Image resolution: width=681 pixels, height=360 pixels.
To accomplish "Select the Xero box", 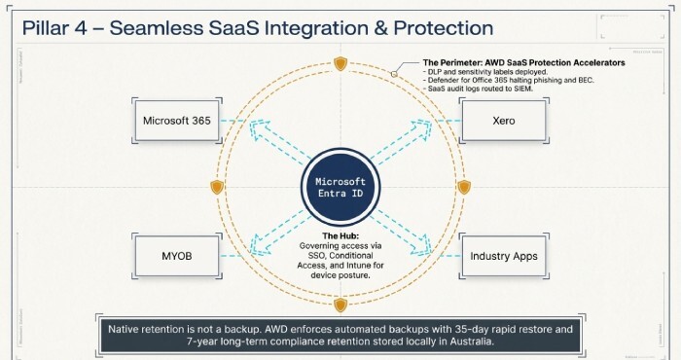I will click(x=503, y=122).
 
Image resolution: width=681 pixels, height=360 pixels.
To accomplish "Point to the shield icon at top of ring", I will click(x=340, y=64).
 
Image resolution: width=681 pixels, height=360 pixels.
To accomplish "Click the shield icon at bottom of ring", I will click(x=340, y=306).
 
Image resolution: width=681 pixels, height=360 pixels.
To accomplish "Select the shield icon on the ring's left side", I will click(x=217, y=186).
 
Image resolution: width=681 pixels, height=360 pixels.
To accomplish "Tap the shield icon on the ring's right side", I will click(x=463, y=186).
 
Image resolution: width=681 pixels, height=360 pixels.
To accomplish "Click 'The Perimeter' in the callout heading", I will click(x=450, y=63).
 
